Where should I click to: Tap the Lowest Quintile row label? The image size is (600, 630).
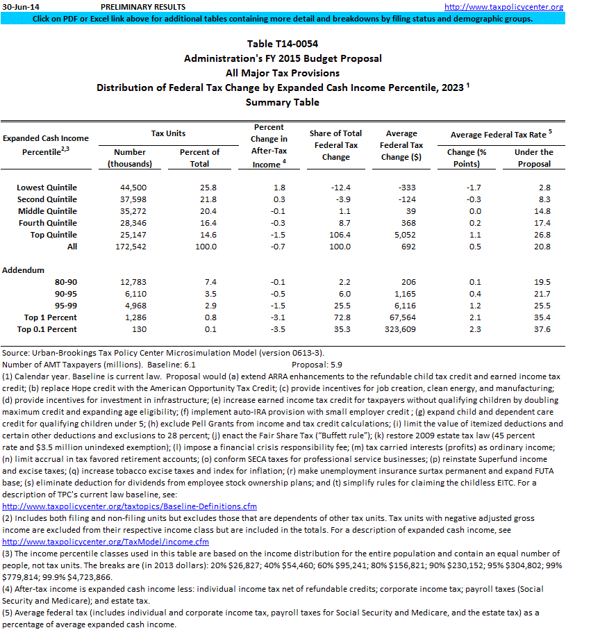(47, 188)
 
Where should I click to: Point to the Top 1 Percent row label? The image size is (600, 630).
(51, 317)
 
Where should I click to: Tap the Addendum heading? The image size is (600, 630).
(24, 270)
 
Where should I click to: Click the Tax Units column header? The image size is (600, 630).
(168, 133)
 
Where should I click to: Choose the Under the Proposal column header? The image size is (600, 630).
(533, 158)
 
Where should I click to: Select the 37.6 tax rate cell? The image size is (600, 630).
(541, 329)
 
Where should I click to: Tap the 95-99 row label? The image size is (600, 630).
(65, 306)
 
